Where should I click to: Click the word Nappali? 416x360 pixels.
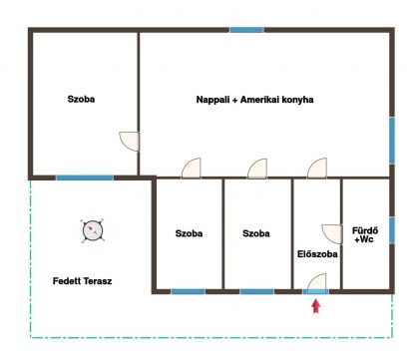[212, 100]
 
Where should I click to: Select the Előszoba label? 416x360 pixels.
[317, 254]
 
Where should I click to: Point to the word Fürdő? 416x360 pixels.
[365, 230]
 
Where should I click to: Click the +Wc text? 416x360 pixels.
[364, 239]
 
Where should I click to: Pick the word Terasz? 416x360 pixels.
[97, 281]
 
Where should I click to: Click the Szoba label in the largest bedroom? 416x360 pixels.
[81, 99]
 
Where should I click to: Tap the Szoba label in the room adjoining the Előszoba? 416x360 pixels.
[256, 233]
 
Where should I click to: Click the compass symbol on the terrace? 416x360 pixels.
[93, 230]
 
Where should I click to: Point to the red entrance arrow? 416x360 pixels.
[316, 306]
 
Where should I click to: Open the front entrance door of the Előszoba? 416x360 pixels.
[316, 283]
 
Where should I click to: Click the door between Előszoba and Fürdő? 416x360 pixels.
[331, 234]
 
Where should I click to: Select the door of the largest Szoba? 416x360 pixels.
[129, 142]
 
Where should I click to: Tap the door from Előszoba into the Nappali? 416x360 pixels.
[317, 169]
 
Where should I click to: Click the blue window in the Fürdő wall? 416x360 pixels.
[392, 229]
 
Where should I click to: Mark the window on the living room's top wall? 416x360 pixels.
[247, 30]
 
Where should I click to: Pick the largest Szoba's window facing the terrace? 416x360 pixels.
[85, 178]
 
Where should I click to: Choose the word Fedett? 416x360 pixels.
[67, 281]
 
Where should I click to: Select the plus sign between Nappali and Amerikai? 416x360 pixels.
[234, 100]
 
